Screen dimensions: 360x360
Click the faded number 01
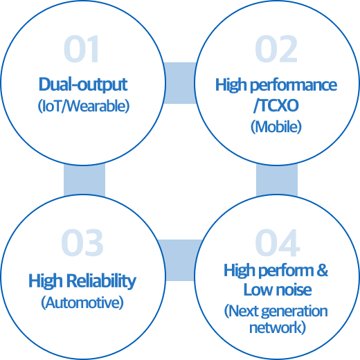81,48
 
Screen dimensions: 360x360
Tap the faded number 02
276,48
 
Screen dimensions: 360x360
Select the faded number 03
82,243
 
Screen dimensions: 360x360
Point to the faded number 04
278,243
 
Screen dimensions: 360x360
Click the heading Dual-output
83,84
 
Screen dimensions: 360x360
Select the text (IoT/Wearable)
84,107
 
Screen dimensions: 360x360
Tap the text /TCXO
276,106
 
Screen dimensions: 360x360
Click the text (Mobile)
276,127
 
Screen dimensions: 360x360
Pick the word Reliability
102,281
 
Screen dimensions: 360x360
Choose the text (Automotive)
82,303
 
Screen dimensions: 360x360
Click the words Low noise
278,290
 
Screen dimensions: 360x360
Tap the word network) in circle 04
278,327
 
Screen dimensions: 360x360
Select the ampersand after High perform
322,270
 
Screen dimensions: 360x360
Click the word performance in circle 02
294,85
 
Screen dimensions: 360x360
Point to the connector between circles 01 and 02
180,83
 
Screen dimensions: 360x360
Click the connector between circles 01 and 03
84,180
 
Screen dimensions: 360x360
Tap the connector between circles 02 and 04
277,180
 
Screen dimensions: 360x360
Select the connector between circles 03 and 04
180,260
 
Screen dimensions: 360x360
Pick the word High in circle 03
46,281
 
